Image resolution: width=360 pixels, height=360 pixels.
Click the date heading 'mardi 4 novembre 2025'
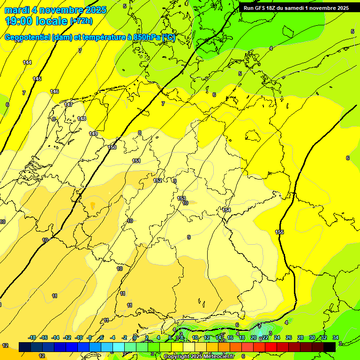pyautogui.click(x=55, y=10)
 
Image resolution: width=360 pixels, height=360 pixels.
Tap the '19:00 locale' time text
pyautogui.click(x=36, y=21)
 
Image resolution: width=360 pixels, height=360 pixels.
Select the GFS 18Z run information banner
pyautogui.click(x=296, y=8)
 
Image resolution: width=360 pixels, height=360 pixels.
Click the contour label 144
pyautogui.click(x=27, y=62)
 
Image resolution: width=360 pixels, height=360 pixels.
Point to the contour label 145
pyautogui.click(x=37, y=79)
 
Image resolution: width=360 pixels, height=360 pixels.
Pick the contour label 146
pyautogui.click(x=54, y=91)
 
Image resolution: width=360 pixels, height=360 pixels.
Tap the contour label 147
pyautogui.click(x=68, y=105)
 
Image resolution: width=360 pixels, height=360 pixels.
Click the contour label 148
pyautogui.click(x=82, y=119)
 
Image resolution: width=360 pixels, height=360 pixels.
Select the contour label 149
pyautogui.click(x=93, y=134)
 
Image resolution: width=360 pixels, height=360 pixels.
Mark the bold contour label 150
pyautogui.click(x=112, y=147)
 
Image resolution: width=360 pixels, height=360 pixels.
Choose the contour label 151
pyautogui.click(x=136, y=161)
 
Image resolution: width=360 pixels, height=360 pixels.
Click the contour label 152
pyautogui.click(x=157, y=180)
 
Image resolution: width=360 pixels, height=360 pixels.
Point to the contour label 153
pyautogui.click(x=181, y=198)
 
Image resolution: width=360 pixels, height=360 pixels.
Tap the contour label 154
pyautogui.click(x=226, y=210)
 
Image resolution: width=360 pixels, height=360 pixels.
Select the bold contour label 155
pyautogui.click(x=279, y=232)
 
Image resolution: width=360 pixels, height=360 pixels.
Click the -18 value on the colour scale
pyautogui.click(x=32, y=337)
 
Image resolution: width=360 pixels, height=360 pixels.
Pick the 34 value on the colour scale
pyautogui.click(x=336, y=337)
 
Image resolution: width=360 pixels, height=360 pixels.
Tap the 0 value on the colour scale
pyautogui.click(x=135, y=337)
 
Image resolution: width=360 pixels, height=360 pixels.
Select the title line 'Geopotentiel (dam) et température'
pyautogui.click(x=89, y=37)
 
